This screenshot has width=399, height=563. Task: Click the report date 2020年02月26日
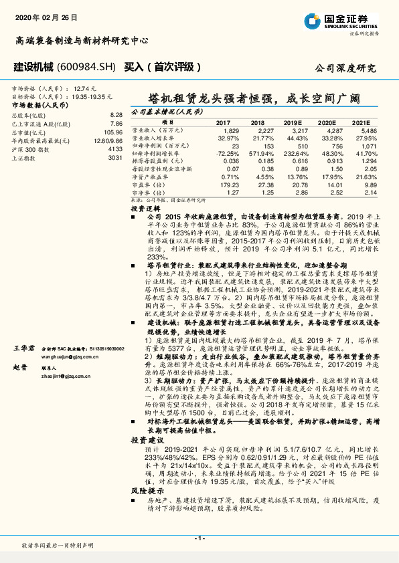point(41,15)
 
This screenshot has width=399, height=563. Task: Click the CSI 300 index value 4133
point(115,150)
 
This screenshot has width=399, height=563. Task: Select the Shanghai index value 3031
point(115,158)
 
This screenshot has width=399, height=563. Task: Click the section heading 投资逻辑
point(145,209)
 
